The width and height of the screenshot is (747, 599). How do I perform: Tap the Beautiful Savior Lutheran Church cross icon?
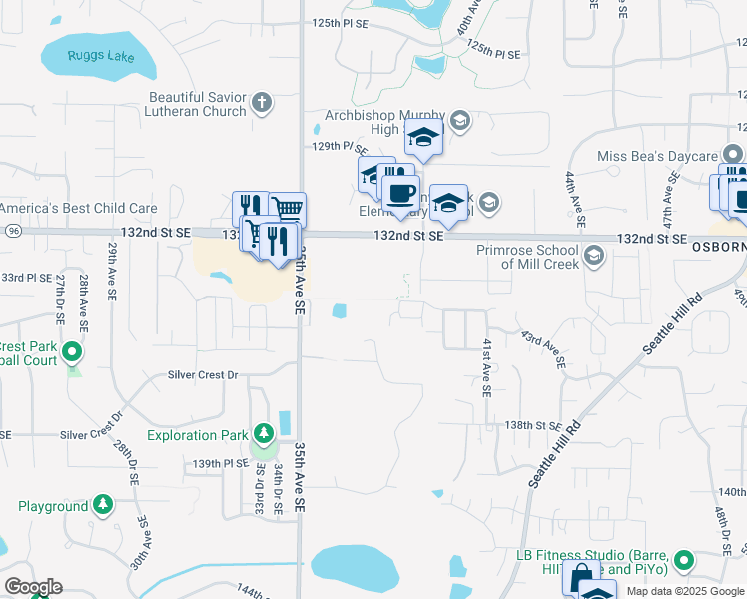point(262,102)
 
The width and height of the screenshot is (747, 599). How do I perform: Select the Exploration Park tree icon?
point(263,434)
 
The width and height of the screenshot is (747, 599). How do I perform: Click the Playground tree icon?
point(103,506)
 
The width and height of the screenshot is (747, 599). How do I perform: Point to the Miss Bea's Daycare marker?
point(733,155)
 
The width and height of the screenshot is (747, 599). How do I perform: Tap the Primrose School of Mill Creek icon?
point(594,257)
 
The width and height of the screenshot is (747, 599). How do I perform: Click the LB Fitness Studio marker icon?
point(684,561)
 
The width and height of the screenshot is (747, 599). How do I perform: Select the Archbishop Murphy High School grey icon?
point(460,122)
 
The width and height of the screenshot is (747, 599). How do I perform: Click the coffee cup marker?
point(400,194)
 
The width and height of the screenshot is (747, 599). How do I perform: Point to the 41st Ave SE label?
point(487,367)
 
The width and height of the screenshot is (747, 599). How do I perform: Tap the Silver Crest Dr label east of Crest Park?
point(204,375)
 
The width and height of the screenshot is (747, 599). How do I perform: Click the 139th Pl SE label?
point(220,464)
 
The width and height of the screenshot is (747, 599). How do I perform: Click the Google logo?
point(33,587)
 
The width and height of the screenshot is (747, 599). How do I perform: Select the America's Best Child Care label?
point(79,208)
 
